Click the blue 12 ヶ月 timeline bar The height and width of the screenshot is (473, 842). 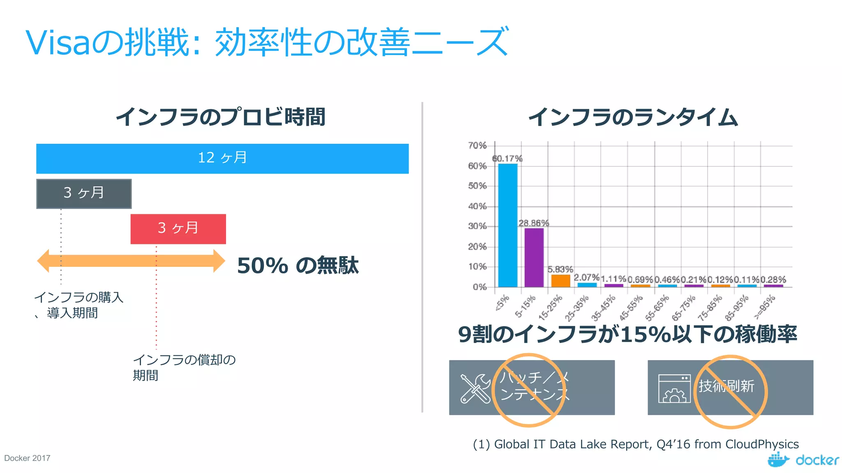(222, 158)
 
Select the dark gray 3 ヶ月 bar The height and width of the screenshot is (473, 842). (84, 193)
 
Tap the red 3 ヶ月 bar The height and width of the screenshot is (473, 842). (178, 229)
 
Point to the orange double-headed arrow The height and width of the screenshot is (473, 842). (131, 261)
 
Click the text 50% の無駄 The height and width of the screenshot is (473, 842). (298, 265)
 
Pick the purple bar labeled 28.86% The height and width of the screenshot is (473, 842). (534, 257)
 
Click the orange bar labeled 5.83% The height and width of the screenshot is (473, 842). (560, 281)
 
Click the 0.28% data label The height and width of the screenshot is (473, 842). (773, 280)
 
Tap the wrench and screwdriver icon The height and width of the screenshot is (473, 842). (475, 388)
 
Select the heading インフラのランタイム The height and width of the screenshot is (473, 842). (633, 117)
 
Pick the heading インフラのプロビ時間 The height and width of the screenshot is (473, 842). (221, 117)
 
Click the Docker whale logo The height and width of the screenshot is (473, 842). (777, 460)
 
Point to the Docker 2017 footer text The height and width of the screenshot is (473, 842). (27, 458)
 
